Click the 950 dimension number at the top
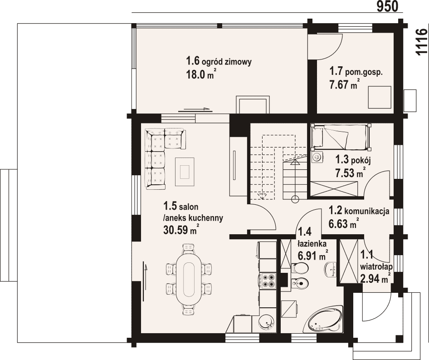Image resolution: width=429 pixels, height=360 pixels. [387, 6]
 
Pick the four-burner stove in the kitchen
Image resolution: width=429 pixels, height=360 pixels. [269, 281]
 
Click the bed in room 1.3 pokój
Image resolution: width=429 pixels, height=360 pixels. [341, 137]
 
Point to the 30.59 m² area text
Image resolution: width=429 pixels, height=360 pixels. [181, 230]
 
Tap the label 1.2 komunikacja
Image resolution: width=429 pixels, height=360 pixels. [359, 211]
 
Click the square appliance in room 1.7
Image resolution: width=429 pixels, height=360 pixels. [380, 97]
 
